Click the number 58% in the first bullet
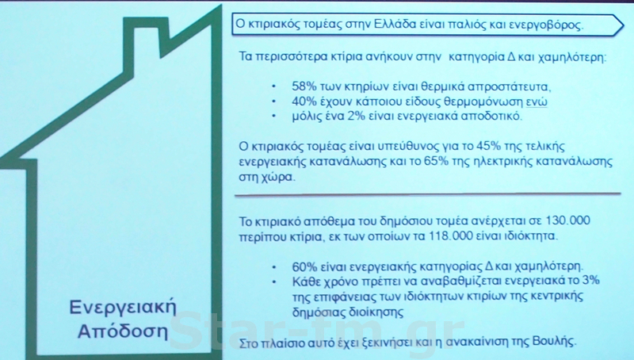[304, 86]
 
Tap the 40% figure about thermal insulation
[304, 101]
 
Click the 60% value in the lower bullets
[304, 267]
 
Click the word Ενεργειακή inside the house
[124, 308]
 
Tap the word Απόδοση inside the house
[123, 331]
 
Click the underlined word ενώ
[537, 101]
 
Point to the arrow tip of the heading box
[624, 25]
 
